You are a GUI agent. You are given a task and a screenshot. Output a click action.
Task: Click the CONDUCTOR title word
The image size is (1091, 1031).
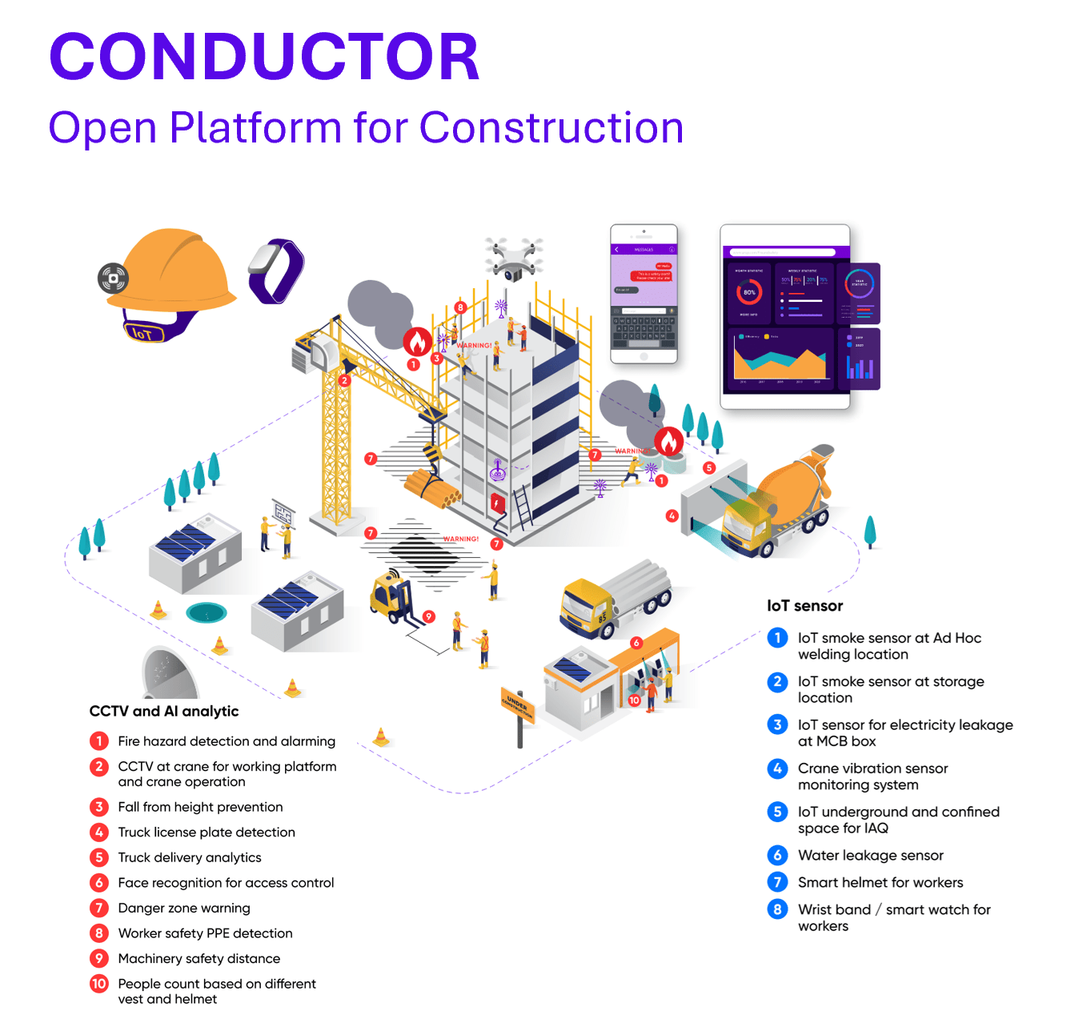click(x=264, y=57)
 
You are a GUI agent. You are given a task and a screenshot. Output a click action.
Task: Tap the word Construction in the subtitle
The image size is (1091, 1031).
click(x=551, y=128)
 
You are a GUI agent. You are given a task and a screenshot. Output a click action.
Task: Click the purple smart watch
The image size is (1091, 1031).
click(x=276, y=271)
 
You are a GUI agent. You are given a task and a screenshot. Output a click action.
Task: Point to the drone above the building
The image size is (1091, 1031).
click(x=513, y=258)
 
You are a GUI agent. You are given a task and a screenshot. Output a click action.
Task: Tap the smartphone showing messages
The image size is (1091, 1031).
click(x=644, y=294)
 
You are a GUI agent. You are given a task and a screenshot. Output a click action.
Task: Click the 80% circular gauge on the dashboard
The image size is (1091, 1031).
click(x=749, y=292)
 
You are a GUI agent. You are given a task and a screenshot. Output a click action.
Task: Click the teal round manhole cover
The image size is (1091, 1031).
click(x=207, y=613)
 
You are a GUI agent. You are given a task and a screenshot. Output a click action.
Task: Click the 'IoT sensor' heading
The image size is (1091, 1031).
click(x=804, y=606)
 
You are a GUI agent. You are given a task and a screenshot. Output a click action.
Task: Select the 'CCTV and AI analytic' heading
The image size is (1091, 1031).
click(x=164, y=711)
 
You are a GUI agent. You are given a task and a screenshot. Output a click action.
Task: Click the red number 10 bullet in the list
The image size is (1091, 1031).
click(x=99, y=984)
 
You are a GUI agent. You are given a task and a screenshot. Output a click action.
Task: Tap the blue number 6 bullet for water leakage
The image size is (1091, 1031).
click(x=777, y=855)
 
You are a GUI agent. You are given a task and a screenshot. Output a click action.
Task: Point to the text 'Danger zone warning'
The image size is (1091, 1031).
click(x=184, y=908)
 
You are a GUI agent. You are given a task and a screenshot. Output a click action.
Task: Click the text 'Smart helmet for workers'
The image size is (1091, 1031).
click(x=880, y=882)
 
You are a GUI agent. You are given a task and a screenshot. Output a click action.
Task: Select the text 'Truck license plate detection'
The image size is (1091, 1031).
click(x=207, y=832)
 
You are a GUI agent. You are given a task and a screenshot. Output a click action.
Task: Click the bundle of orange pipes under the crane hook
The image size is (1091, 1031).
click(x=431, y=488)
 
